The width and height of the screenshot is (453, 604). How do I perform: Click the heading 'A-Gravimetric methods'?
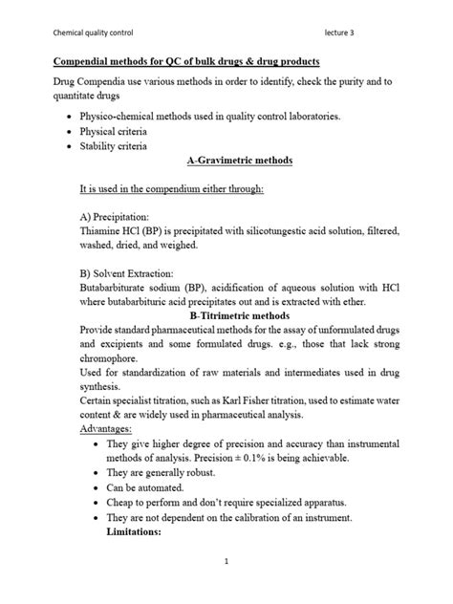226,161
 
